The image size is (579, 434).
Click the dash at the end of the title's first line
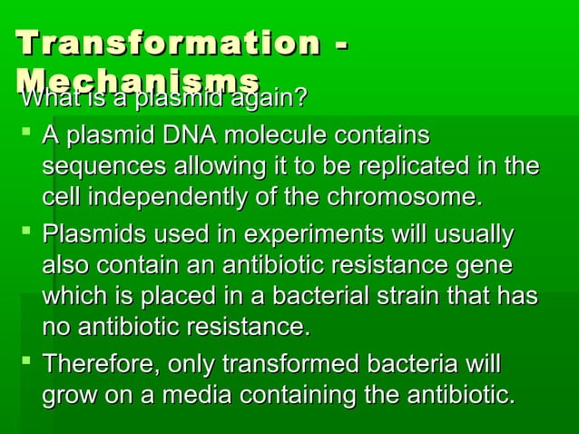click(x=341, y=45)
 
